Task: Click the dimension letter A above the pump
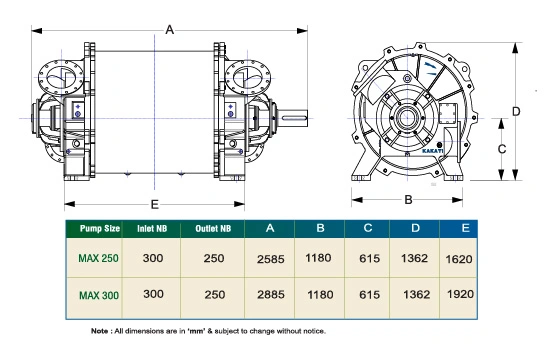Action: click(x=170, y=31)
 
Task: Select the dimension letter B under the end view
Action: click(x=408, y=199)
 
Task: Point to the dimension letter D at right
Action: click(x=516, y=111)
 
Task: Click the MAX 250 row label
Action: click(x=98, y=256)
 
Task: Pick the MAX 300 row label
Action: click(x=98, y=294)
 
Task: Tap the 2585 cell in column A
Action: click(x=272, y=258)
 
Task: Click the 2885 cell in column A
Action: click(x=272, y=295)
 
